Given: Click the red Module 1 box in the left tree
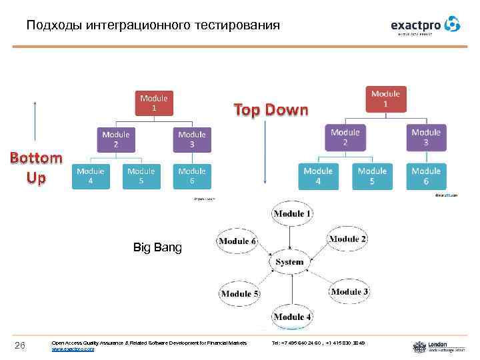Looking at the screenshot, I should [x=154, y=103].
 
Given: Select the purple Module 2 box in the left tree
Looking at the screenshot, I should [x=116, y=139].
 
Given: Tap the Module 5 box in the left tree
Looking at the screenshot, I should [x=141, y=176].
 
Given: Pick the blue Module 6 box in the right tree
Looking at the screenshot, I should [x=426, y=176].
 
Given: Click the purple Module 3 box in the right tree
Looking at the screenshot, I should [x=426, y=137].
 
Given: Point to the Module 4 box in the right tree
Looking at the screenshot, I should [x=318, y=176].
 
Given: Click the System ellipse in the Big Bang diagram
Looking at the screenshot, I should [x=290, y=262].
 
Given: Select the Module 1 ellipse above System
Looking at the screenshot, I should [x=291, y=214].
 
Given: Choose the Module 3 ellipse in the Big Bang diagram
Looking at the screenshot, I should [x=349, y=291].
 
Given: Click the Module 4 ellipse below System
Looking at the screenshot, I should [x=292, y=316].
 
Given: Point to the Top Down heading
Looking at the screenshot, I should [x=271, y=110].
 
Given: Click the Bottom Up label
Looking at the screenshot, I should [x=35, y=168].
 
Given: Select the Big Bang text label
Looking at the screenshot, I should [x=157, y=249].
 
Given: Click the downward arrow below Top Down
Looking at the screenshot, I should [x=265, y=153].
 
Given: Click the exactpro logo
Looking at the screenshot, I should [x=425, y=25].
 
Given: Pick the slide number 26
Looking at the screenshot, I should [x=20, y=344].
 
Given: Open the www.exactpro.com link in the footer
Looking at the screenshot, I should [x=73, y=349].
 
